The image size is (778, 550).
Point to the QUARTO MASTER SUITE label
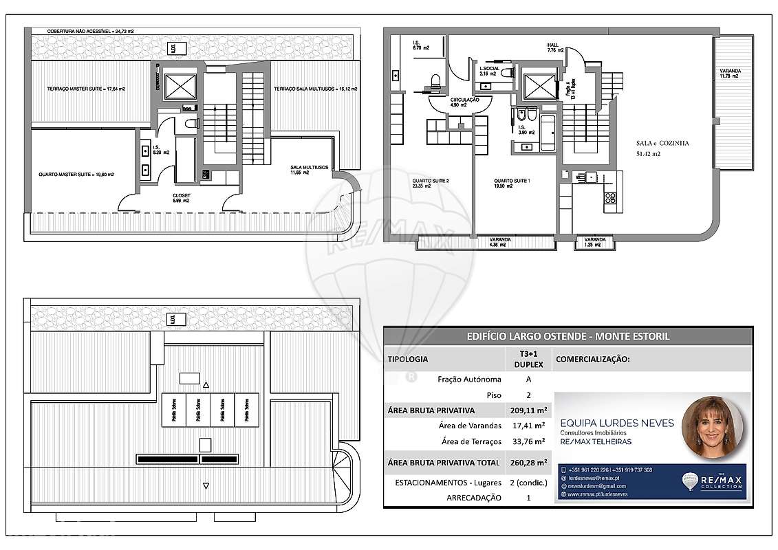click(x=76, y=175)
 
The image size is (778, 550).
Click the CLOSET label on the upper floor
click(x=182, y=197)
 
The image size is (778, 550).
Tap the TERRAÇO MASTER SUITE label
click(x=86, y=89)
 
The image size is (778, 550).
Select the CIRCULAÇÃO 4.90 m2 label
click(x=464, y=103)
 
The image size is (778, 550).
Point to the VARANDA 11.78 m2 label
click(x=729, y=73)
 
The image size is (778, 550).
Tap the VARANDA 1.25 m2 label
click(x=595, y=242)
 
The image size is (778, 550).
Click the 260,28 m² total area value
click(x=528, y=463)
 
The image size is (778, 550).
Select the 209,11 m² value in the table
click(x=528, y=410)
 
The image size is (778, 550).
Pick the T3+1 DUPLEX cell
click(x=528, y=359)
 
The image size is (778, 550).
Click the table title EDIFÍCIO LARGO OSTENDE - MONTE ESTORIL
click(x=568, y=336)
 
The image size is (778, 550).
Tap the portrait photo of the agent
click(x=713, y=428)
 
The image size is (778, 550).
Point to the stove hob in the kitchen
click(x=609, y=199)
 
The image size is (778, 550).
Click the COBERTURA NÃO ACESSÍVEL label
click(x=89, y=32)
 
